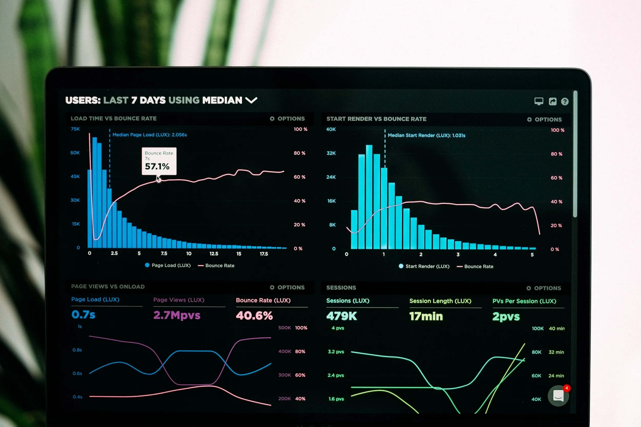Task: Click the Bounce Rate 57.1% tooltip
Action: [x=159, y=161]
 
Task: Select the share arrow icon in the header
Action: [x=553, y=101]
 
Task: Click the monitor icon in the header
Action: [x=538, y=101]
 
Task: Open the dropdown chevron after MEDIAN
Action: [x=251, y=100]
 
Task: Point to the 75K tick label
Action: [x=75, y=129]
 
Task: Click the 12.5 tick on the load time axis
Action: [x=214, y=254]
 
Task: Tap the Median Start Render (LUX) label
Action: [x=426, y=135]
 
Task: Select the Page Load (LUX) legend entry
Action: [x=168, y=265]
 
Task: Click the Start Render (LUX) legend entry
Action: [x=424, y=266]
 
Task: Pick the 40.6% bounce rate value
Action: [x=254, y=316]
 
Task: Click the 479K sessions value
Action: [x=342, y=316]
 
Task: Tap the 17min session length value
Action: [x=426, y=316]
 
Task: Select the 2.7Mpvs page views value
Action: [x=177, y=315]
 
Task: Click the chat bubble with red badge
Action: [x=558, y=396]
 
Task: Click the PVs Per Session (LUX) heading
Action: [x=524, y=301]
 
